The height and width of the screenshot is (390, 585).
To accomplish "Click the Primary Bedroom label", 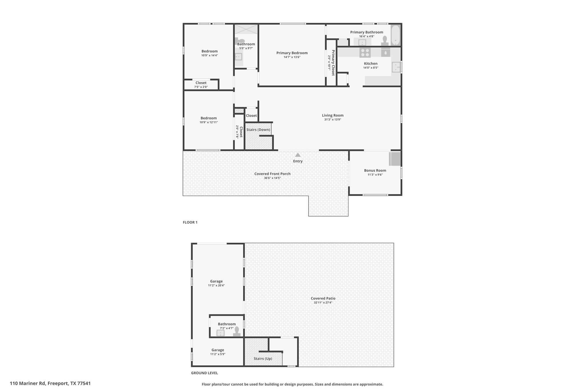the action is [292, 53].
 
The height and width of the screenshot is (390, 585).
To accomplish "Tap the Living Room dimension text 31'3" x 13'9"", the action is [332, 120].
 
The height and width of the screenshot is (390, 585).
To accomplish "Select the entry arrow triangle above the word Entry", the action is [298, 155].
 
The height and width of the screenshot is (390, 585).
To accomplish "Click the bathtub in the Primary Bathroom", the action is [396, 35].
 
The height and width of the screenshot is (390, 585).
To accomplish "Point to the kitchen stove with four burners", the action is [365, 53].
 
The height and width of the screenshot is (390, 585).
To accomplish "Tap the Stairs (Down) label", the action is [258, 130].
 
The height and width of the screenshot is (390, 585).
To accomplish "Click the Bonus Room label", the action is [375, 171].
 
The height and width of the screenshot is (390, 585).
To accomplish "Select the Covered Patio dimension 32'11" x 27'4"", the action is [323, 303].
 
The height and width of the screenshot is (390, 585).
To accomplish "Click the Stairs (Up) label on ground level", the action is [263, 359].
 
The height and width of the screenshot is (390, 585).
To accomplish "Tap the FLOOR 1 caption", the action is [190, 222].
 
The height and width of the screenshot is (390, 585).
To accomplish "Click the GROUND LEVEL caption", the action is [204, 373].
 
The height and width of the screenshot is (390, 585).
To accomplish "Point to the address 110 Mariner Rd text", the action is [28, 383].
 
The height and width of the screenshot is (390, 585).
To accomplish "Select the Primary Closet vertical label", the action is [333, 63].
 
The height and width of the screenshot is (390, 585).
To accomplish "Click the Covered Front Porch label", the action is [273, 174].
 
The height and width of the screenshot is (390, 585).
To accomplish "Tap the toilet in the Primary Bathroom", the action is [385, 40].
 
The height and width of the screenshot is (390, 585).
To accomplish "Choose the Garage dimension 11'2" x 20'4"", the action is [217, 285].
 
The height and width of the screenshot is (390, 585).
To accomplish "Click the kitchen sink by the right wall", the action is [396, 67].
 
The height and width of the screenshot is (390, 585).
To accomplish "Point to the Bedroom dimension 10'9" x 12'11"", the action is [209, 122].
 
